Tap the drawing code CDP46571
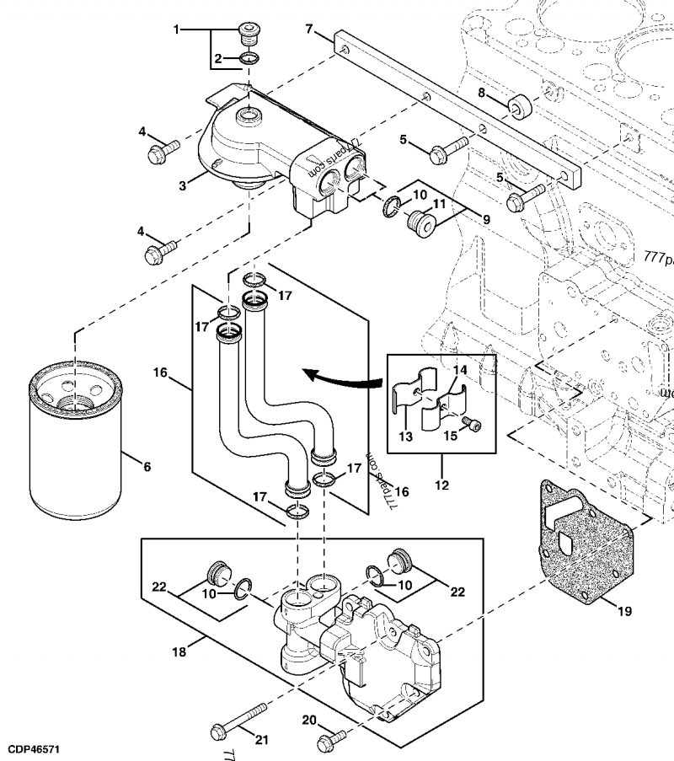(34, 748)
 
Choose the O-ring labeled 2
(249, 59)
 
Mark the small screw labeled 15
(476, 428)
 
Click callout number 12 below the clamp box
(441, 485)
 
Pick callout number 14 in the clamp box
(459, 370)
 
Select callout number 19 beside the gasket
(623, 612)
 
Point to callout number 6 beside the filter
(147, 466)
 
